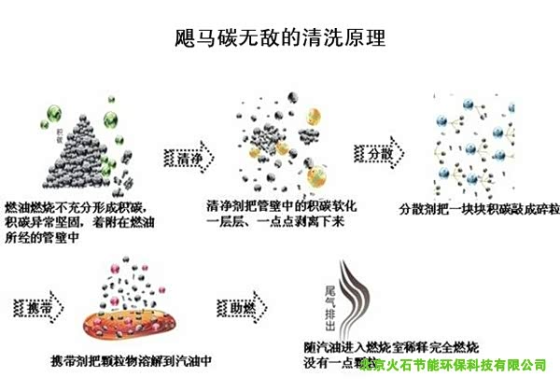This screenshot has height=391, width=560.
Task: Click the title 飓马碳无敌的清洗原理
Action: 280,38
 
